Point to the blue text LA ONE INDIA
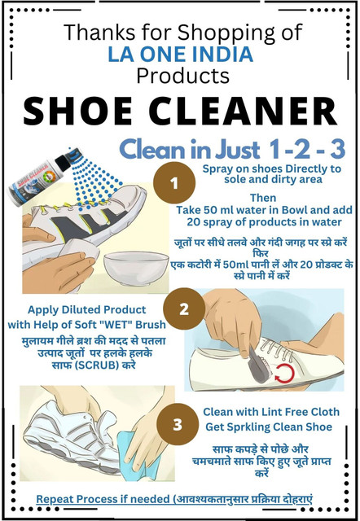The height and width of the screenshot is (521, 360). click(180, 55)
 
